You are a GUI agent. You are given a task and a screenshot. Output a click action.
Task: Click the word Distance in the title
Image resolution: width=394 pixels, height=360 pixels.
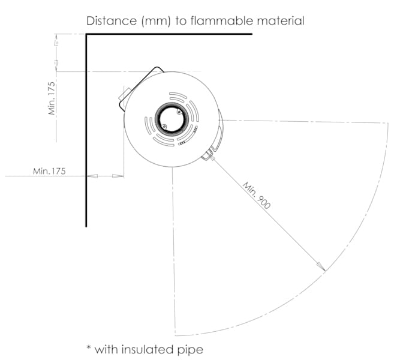(x=112, y=20)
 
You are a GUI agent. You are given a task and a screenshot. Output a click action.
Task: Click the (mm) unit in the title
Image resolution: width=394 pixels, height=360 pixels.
(x=156, y=21)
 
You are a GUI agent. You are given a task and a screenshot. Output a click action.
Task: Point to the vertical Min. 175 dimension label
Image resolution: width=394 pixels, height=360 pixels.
(x=52, y=98)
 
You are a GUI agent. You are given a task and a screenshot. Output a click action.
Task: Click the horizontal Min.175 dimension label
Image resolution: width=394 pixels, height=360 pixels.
(x=49, y=171)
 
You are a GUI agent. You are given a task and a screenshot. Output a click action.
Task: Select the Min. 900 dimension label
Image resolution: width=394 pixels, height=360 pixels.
(x=257, y=196)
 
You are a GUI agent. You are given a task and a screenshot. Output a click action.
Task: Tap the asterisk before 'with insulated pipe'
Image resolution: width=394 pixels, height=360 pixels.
(x=89, y=347)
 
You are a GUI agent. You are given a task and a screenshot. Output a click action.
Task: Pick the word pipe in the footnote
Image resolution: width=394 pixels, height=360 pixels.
(x=191, y=350)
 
